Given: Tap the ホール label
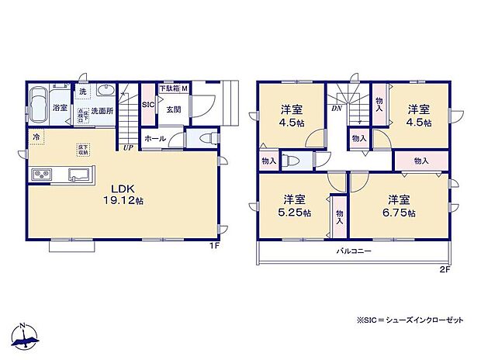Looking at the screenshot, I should [x=155, y=138].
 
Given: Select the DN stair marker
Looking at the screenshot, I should [x=337, y=109].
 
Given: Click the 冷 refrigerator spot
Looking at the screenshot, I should [x=36, y=137].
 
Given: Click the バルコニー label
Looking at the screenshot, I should [x=353, y=252].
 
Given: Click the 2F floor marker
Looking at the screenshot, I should [x=445, y=271].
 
